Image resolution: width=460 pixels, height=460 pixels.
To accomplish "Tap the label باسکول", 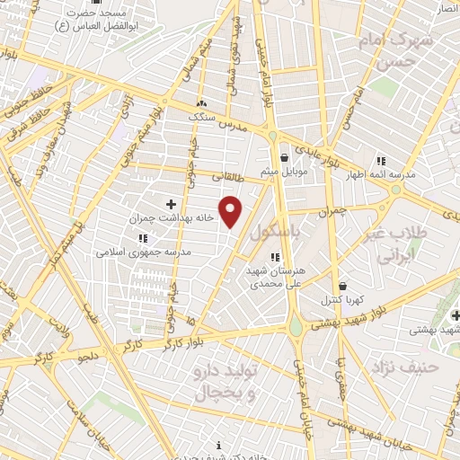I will [x=273, y=232].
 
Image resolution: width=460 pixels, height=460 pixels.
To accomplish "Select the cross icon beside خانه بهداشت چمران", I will [x=171, y=204].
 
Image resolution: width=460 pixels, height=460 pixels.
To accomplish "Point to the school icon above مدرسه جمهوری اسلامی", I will [x=142, y=238].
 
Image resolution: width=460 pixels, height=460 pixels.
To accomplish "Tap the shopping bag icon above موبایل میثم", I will [x=285, y=157].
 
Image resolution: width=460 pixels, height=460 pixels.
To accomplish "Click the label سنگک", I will [x=200, y=117].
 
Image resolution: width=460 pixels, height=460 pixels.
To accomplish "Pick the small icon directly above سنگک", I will [x=200, y=103].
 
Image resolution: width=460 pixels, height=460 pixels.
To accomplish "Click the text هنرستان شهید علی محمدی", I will [x=274, y=276].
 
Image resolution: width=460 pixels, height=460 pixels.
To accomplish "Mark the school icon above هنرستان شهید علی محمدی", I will [x=274, y=257].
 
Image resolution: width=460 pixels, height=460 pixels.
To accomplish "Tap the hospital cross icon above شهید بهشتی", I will [x=456, y=315].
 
